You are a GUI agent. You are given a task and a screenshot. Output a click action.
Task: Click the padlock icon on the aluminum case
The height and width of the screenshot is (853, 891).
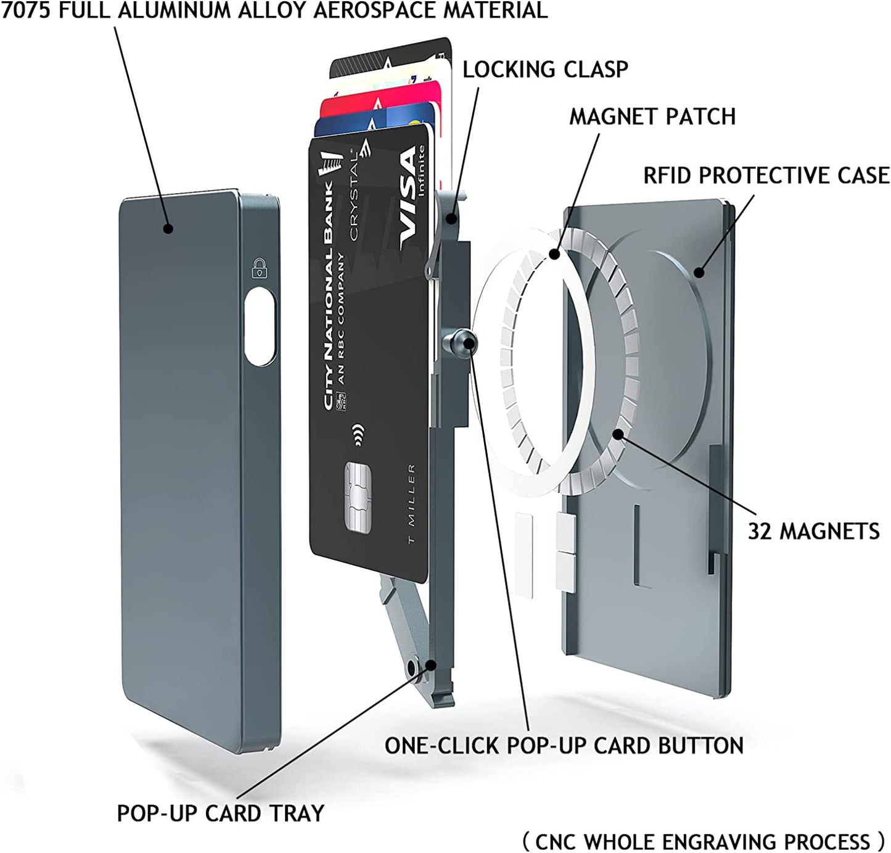click(260, 268)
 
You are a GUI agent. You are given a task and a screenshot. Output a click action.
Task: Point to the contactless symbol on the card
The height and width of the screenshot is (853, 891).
click(357, 434)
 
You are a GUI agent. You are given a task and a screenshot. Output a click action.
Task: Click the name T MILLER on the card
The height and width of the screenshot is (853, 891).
click(411, 503)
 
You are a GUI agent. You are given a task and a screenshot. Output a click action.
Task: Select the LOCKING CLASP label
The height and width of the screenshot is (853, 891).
click(545, 70)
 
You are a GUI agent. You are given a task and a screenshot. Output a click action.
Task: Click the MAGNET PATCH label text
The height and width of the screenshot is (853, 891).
click(652, 117)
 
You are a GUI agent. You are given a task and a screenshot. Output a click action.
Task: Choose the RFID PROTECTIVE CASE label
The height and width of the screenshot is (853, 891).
click(766, 176)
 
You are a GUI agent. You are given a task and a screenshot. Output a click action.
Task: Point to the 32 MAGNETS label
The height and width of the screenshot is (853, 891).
click(813, 531)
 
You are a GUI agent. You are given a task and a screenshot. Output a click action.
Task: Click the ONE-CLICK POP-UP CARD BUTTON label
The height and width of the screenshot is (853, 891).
click(564, 746)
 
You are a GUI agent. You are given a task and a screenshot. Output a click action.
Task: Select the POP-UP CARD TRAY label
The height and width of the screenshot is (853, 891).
click(220, 813)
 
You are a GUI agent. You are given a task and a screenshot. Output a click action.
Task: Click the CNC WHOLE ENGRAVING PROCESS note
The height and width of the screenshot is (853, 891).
click(704, 841)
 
